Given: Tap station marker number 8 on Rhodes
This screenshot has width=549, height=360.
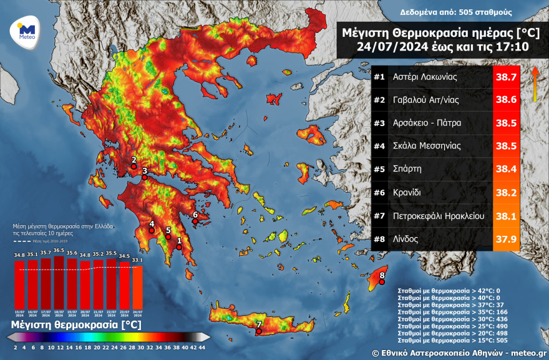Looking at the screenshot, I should [382, 275].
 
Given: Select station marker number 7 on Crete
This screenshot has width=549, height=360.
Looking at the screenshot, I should [259, 324].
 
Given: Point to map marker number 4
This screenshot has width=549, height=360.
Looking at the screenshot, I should [152, 225].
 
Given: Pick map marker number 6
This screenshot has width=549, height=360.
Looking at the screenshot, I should [195, 215].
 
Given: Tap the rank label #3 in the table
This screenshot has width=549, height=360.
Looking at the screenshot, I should [379, 123].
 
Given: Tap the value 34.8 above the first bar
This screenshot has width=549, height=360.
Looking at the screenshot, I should [19, 255].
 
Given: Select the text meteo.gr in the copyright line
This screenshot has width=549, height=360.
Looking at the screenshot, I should [528, 353].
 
